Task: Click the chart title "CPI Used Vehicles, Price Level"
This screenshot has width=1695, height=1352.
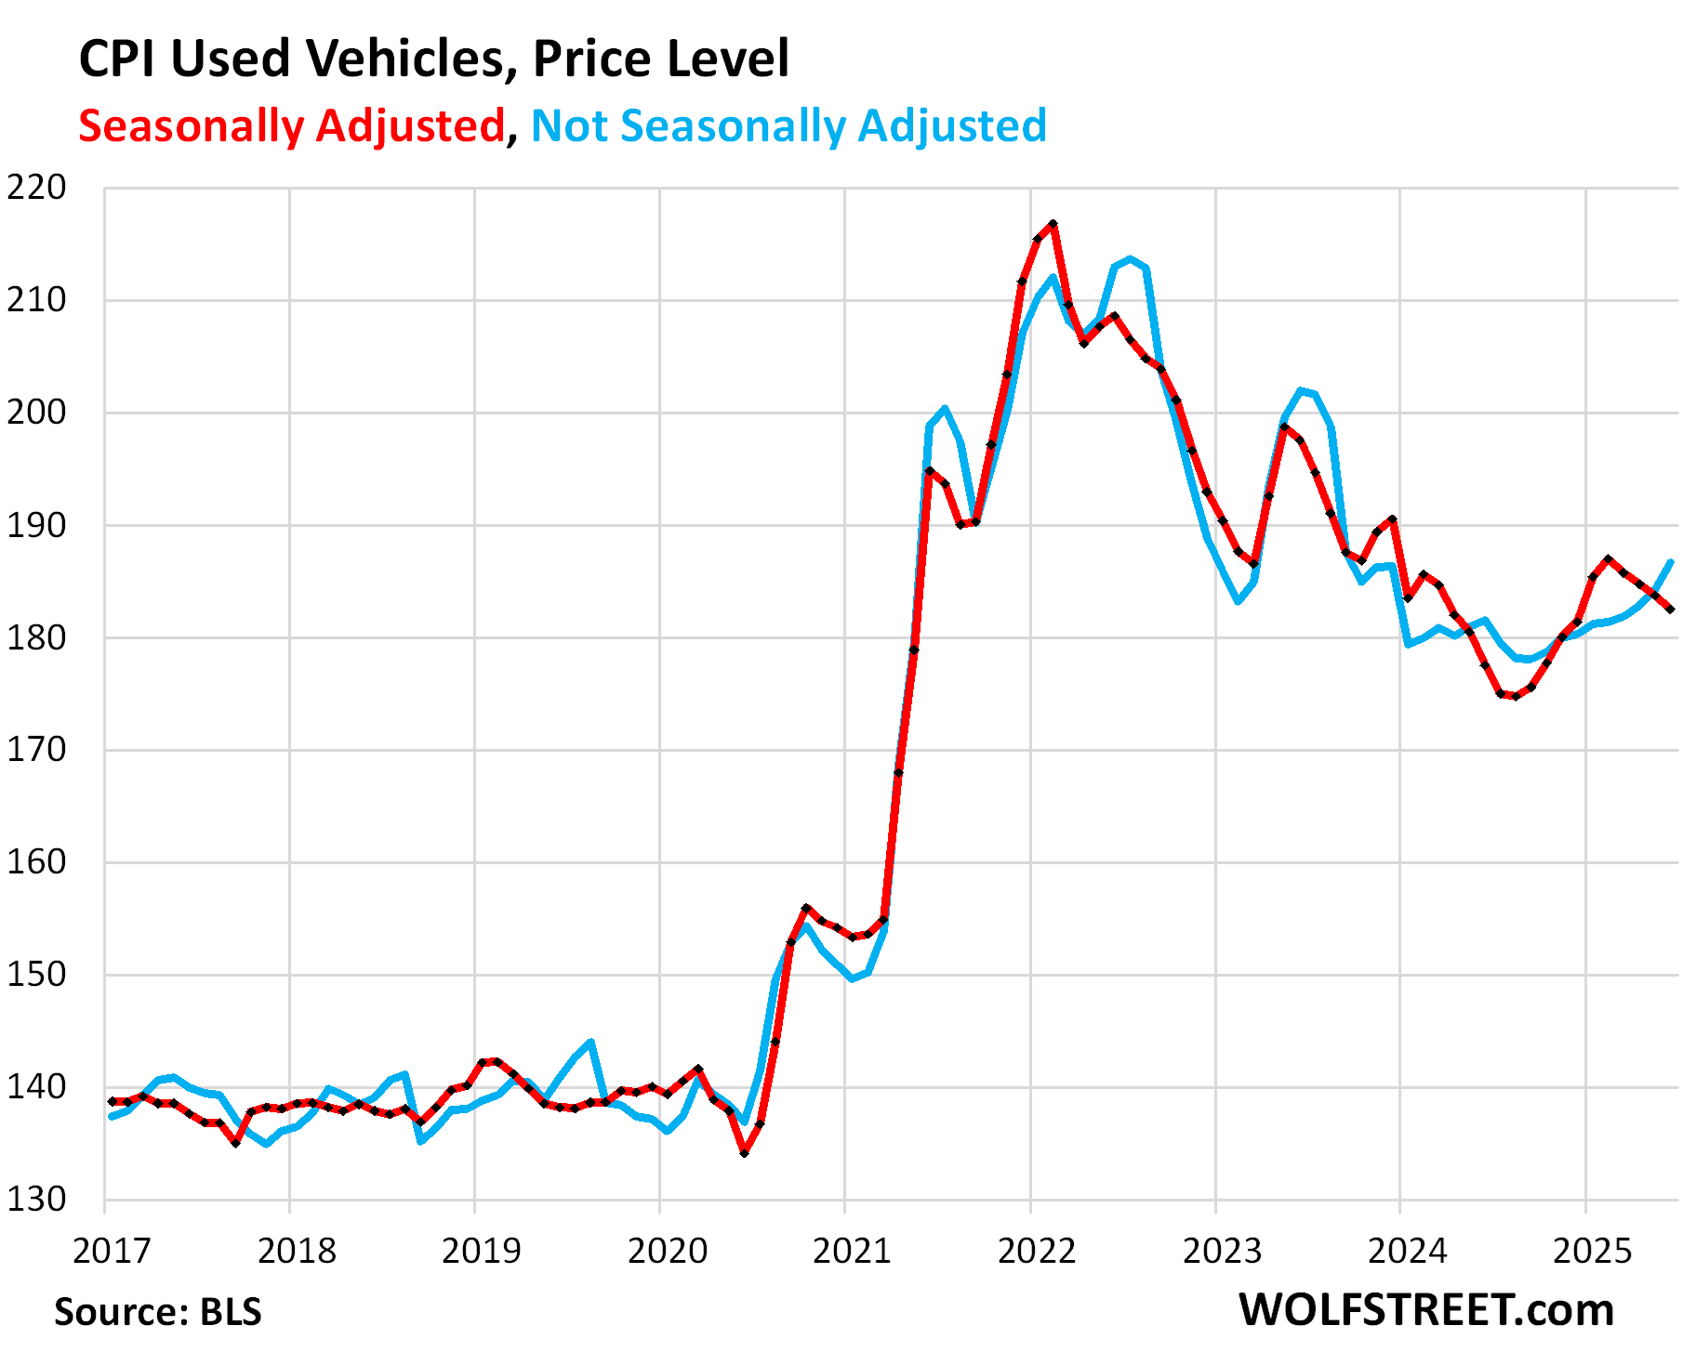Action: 433,59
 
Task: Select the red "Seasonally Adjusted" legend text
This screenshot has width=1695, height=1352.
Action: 291,125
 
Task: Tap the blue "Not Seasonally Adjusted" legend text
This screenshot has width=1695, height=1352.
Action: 788,125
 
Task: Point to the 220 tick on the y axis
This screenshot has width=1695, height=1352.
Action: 37,188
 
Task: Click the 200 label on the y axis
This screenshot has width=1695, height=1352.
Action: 37,413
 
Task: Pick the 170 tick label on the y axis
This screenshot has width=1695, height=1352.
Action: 37,750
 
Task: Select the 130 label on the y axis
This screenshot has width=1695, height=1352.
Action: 37,1200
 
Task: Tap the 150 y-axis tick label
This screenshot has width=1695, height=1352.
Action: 37,975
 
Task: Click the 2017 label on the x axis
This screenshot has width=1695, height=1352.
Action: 112,1251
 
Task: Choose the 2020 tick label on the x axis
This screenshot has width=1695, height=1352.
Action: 667,1251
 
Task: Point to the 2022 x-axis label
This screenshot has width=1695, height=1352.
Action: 1037,1251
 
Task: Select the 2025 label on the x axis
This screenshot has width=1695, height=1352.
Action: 1593,1251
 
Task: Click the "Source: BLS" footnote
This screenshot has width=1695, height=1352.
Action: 158,1312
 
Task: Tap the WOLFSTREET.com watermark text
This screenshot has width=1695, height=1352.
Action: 1426,1310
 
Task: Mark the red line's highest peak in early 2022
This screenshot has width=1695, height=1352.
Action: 1053,224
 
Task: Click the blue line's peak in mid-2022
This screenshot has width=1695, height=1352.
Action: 1130,259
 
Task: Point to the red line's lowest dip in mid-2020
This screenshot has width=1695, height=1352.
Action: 745,1153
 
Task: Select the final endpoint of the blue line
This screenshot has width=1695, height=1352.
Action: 1672,561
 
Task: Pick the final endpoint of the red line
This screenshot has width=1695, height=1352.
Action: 1672,610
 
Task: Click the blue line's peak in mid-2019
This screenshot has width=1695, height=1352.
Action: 590,1042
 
